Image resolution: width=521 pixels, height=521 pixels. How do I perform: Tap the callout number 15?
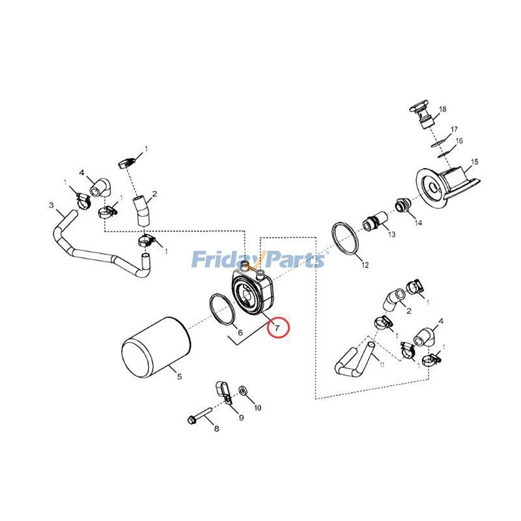pos(474,162)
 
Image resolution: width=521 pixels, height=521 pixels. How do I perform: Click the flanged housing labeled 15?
pos(449,186)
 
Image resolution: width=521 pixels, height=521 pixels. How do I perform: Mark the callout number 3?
pos(51,205)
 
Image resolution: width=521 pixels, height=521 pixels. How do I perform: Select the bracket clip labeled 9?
pos(222,391)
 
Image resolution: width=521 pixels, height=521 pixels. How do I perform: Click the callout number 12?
pos(365,265)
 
